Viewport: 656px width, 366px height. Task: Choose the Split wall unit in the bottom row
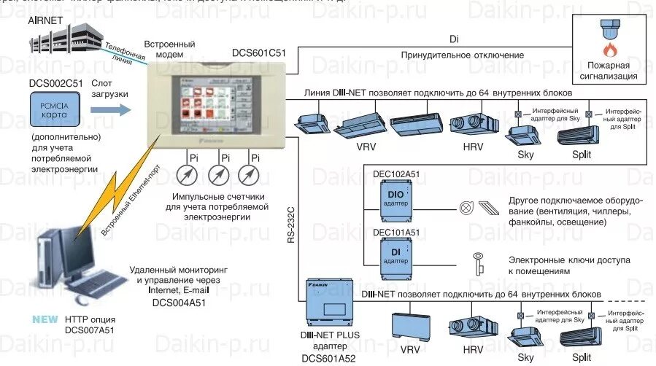pyautogui.click(x=582, y=336)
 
